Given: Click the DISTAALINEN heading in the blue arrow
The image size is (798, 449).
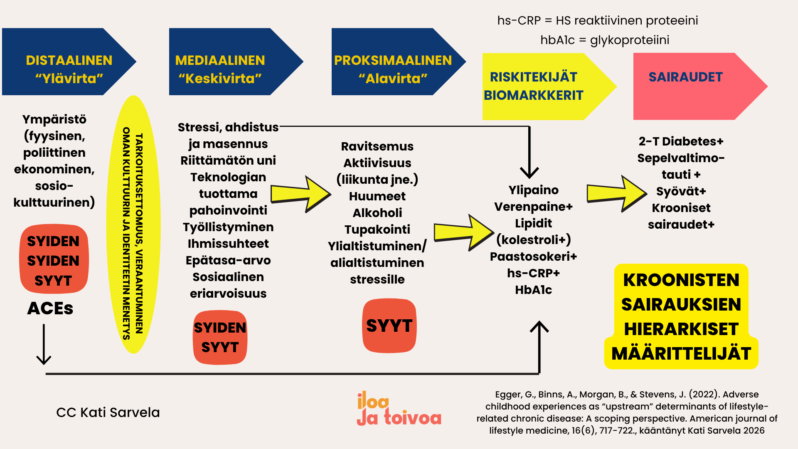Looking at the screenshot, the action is (x=69, y=60).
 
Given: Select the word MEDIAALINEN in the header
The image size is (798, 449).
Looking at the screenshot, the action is (x=220, y=60).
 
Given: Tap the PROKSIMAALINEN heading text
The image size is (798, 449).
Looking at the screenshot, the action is (x=393, y=60).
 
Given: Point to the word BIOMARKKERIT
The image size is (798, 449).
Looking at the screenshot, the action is (x=534, y=95).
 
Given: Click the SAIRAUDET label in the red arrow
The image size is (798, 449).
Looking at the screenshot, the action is (x=686, y=77).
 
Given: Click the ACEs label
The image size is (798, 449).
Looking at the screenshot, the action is (x=50, y=308).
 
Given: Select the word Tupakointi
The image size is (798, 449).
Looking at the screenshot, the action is (x=377, y=229).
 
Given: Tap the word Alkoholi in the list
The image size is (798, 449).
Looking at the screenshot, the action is (x=377, y=213).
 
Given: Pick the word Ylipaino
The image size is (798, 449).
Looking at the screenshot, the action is (x=534, y=190).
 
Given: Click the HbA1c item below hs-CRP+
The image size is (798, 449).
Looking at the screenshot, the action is (x=534, y=290).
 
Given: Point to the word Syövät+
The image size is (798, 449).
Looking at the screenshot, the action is (x=681, y=191).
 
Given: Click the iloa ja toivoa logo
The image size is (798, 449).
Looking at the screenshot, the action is (x=399, y=409).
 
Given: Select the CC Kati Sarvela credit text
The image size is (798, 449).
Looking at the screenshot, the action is (x=108, y=412).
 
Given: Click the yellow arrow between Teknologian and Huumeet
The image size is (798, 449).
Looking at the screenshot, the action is (x=301, y=194).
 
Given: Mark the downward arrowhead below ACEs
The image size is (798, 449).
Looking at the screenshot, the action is (x=44, y=359).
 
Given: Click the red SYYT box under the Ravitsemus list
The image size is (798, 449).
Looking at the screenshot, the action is (x=389, y=326).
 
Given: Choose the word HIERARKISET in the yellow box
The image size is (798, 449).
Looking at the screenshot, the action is (x=681, y=329).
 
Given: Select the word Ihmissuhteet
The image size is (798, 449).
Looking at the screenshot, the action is (x=228, y=244).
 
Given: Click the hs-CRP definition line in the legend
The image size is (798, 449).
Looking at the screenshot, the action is (x=598, y=20).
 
